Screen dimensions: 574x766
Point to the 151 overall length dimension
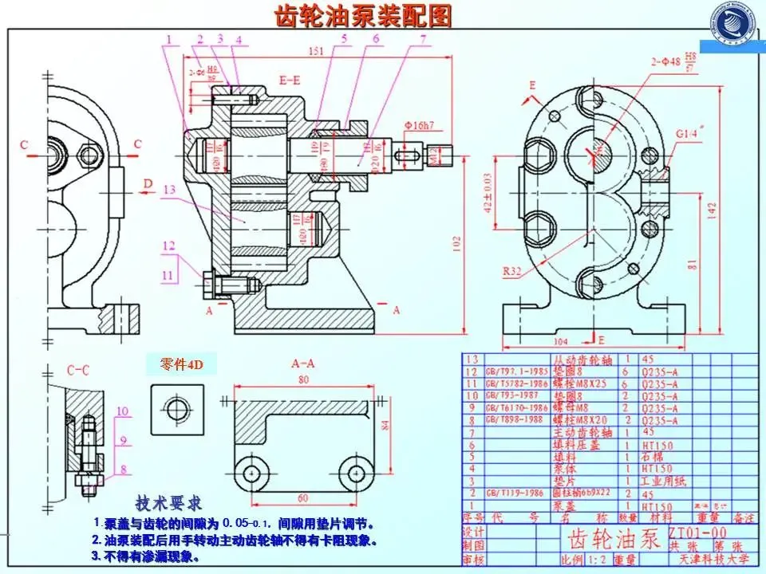(315, 52)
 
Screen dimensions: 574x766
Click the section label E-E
(290, 81)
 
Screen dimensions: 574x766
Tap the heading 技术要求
(168, 503)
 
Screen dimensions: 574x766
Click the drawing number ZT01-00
(697, 532)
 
